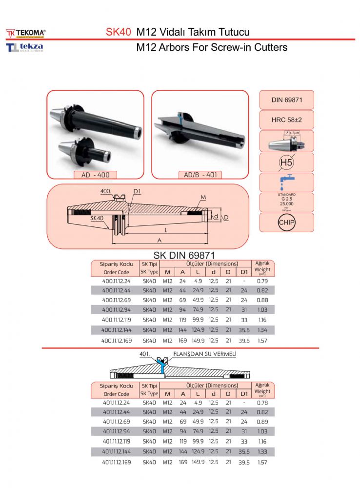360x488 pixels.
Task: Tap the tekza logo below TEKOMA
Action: pos(25,47)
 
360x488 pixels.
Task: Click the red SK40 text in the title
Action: pos(119,32)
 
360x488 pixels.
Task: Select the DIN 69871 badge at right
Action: pos(286,100)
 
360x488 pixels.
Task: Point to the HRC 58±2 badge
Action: pos(286,120)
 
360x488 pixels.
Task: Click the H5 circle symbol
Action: pos(286,162)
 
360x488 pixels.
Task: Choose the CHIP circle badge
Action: pos(286,223)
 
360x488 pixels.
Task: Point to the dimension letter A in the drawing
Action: pos(160,240)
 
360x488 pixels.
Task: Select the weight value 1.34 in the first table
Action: pos(262,330)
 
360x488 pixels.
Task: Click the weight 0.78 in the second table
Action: pos(262,403)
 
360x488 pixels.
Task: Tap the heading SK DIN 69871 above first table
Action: pos(184,255)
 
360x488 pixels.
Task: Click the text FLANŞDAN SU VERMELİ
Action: pos(205,353)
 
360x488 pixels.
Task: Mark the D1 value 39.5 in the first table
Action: pos(244,340)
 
